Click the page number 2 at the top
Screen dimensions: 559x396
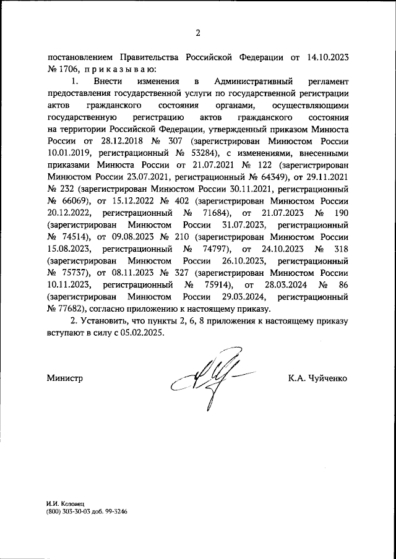point(198,33)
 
